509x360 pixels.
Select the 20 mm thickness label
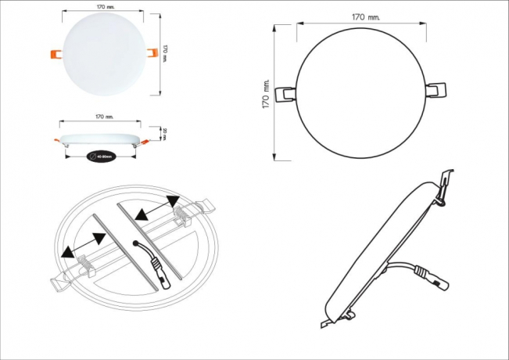[165, 134]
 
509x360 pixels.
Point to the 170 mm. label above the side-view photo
[104, 117]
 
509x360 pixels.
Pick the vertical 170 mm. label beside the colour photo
[167, 52]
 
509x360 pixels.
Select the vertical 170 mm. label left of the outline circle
[267, 93]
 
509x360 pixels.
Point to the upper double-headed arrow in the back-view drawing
[152, 210]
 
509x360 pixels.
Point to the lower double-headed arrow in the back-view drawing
[84, 247]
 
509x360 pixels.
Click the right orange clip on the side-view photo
[143, 142]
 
